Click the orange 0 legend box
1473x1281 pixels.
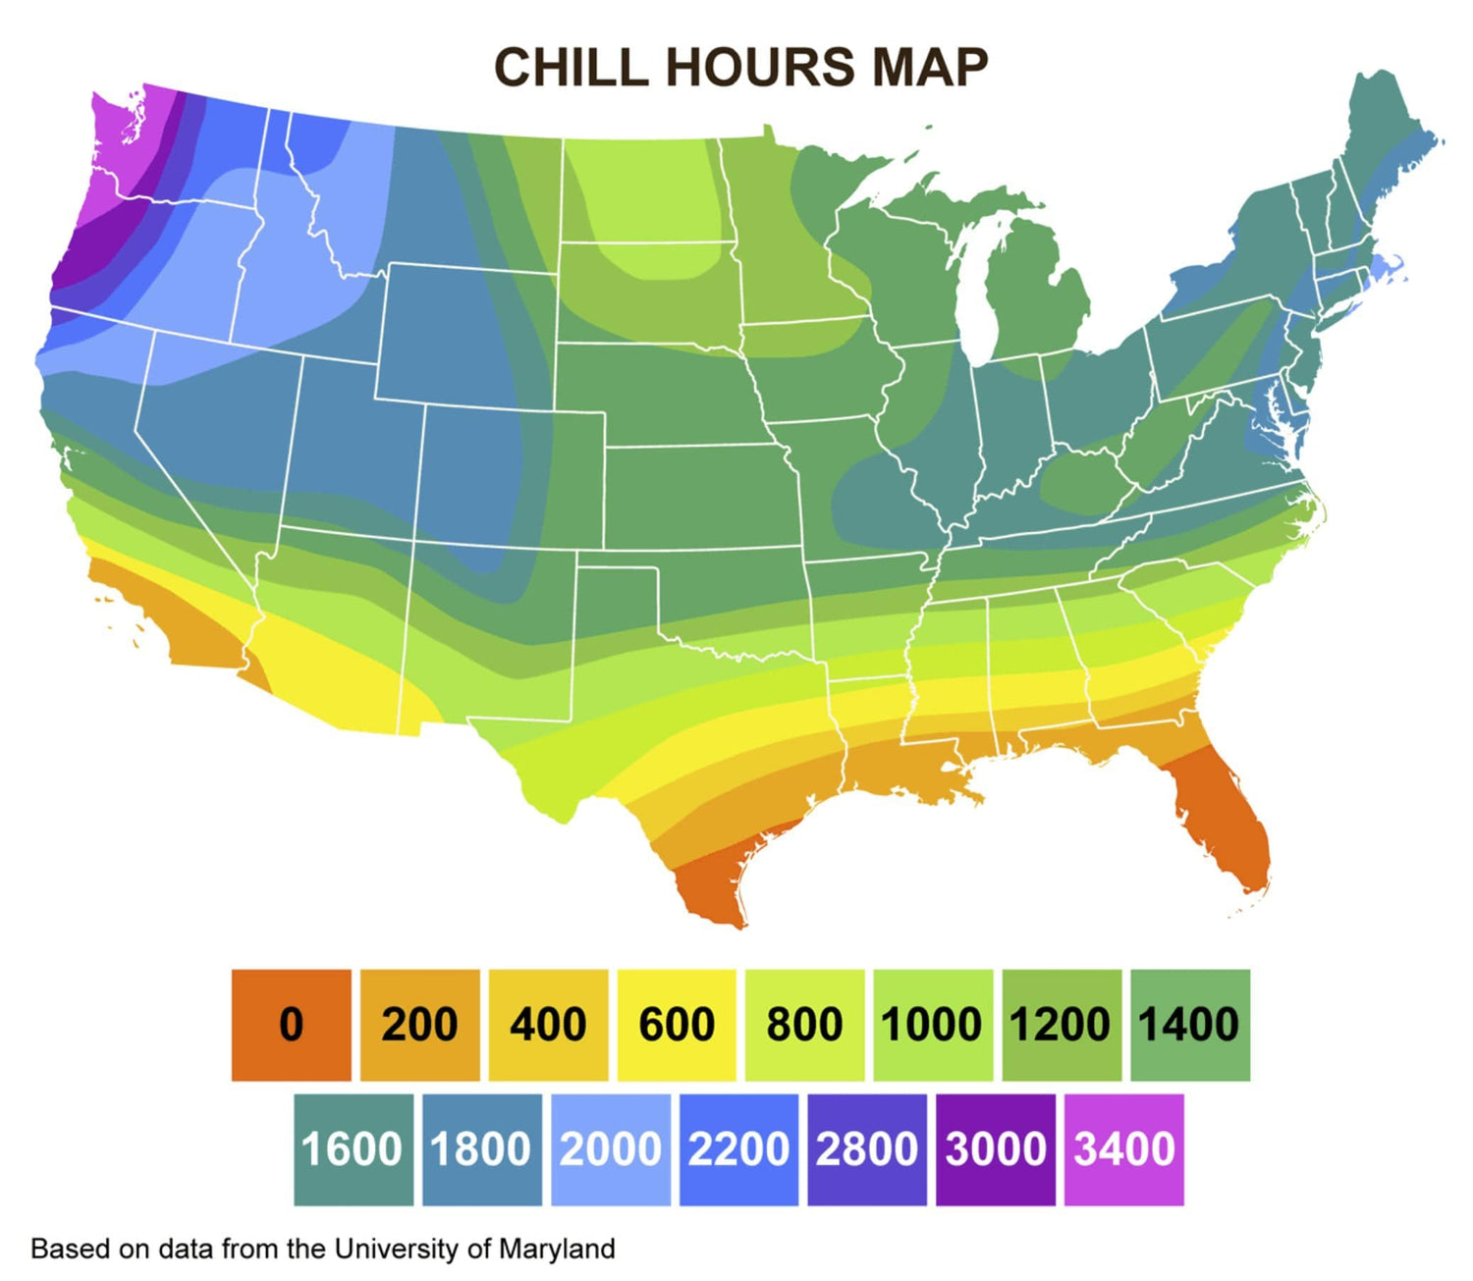click(291, 1025)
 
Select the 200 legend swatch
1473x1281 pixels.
click(419, 1025)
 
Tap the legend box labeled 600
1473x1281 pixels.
click(677, 1025)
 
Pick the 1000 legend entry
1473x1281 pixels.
click(932, 1025)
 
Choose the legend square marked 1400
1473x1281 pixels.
click(1189, 1025)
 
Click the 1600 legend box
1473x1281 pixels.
click(353, 1149)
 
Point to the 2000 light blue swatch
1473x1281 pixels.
click(610, 1149)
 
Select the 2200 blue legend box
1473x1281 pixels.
click(738, 1149)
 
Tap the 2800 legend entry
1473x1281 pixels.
click(867, 1149)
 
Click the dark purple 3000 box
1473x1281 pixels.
click(996, 1149)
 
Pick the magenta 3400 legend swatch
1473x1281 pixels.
click(1124, 1149)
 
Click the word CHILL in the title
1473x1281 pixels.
click(571, 68)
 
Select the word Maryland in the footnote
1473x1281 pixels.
click(557, 1249)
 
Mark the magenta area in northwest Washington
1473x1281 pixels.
click(123, 137)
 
